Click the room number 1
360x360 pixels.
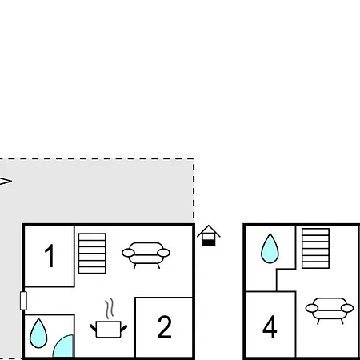[50, 256]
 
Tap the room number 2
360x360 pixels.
[164, 327]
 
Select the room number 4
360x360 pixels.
[270, 326]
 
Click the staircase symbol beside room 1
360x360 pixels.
[92, 254]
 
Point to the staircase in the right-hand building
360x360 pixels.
[315, 248]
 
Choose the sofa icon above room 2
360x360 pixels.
[146, 255]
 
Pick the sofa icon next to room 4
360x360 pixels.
[330, 310]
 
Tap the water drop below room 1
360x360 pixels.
[38, 334]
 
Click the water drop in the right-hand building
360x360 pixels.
[270, 249]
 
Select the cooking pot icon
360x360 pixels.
[108, 330]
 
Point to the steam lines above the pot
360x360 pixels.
[110, 309]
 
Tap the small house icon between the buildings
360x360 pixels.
[209, 235]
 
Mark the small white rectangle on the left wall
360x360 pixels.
[23, 301]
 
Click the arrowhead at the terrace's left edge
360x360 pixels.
[6, 181]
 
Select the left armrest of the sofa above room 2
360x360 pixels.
[128, 253]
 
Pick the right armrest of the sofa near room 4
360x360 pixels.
[347, 308]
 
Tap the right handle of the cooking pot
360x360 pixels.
[124, 328]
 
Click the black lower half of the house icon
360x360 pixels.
[209, 242]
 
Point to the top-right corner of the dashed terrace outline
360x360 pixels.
[194, 158]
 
